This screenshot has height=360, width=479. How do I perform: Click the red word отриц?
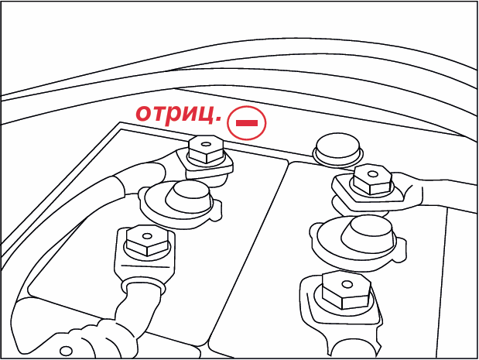point(179,115)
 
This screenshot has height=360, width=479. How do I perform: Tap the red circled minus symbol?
point(247,123)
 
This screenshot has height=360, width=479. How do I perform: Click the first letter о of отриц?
point(144,113)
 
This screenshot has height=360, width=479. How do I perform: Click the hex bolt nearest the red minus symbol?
point(205,149)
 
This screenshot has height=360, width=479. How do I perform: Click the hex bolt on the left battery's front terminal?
point(147,241)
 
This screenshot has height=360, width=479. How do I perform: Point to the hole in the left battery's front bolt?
point(147,236)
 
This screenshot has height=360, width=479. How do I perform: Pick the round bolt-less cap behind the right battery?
point(337,149)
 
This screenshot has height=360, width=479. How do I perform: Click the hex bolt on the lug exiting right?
point(372,180)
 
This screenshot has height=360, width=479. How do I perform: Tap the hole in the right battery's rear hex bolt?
point(372,174)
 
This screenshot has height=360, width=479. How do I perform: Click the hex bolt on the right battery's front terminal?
point(347,290)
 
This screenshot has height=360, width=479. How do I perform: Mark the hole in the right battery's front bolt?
point(347,285)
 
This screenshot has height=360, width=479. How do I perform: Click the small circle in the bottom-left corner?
point(66,351)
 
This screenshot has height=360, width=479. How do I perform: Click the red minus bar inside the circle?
point(247,123)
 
